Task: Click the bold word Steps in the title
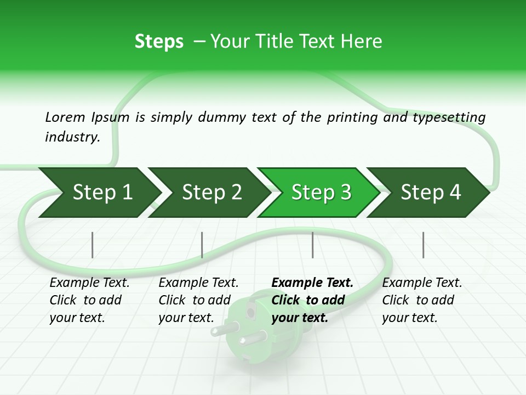[159, 42]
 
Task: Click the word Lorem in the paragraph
[65, 117]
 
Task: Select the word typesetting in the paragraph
[449, 117]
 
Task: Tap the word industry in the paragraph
[72, 137]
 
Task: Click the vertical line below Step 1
[92, 245]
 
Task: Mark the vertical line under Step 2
[202, 245]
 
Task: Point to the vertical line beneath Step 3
[312, 245]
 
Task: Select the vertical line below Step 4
[423, 245]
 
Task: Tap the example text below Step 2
[198, 300]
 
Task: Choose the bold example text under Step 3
[312, 300]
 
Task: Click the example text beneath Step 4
[421, 300]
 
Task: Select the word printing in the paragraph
[353, 117]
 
